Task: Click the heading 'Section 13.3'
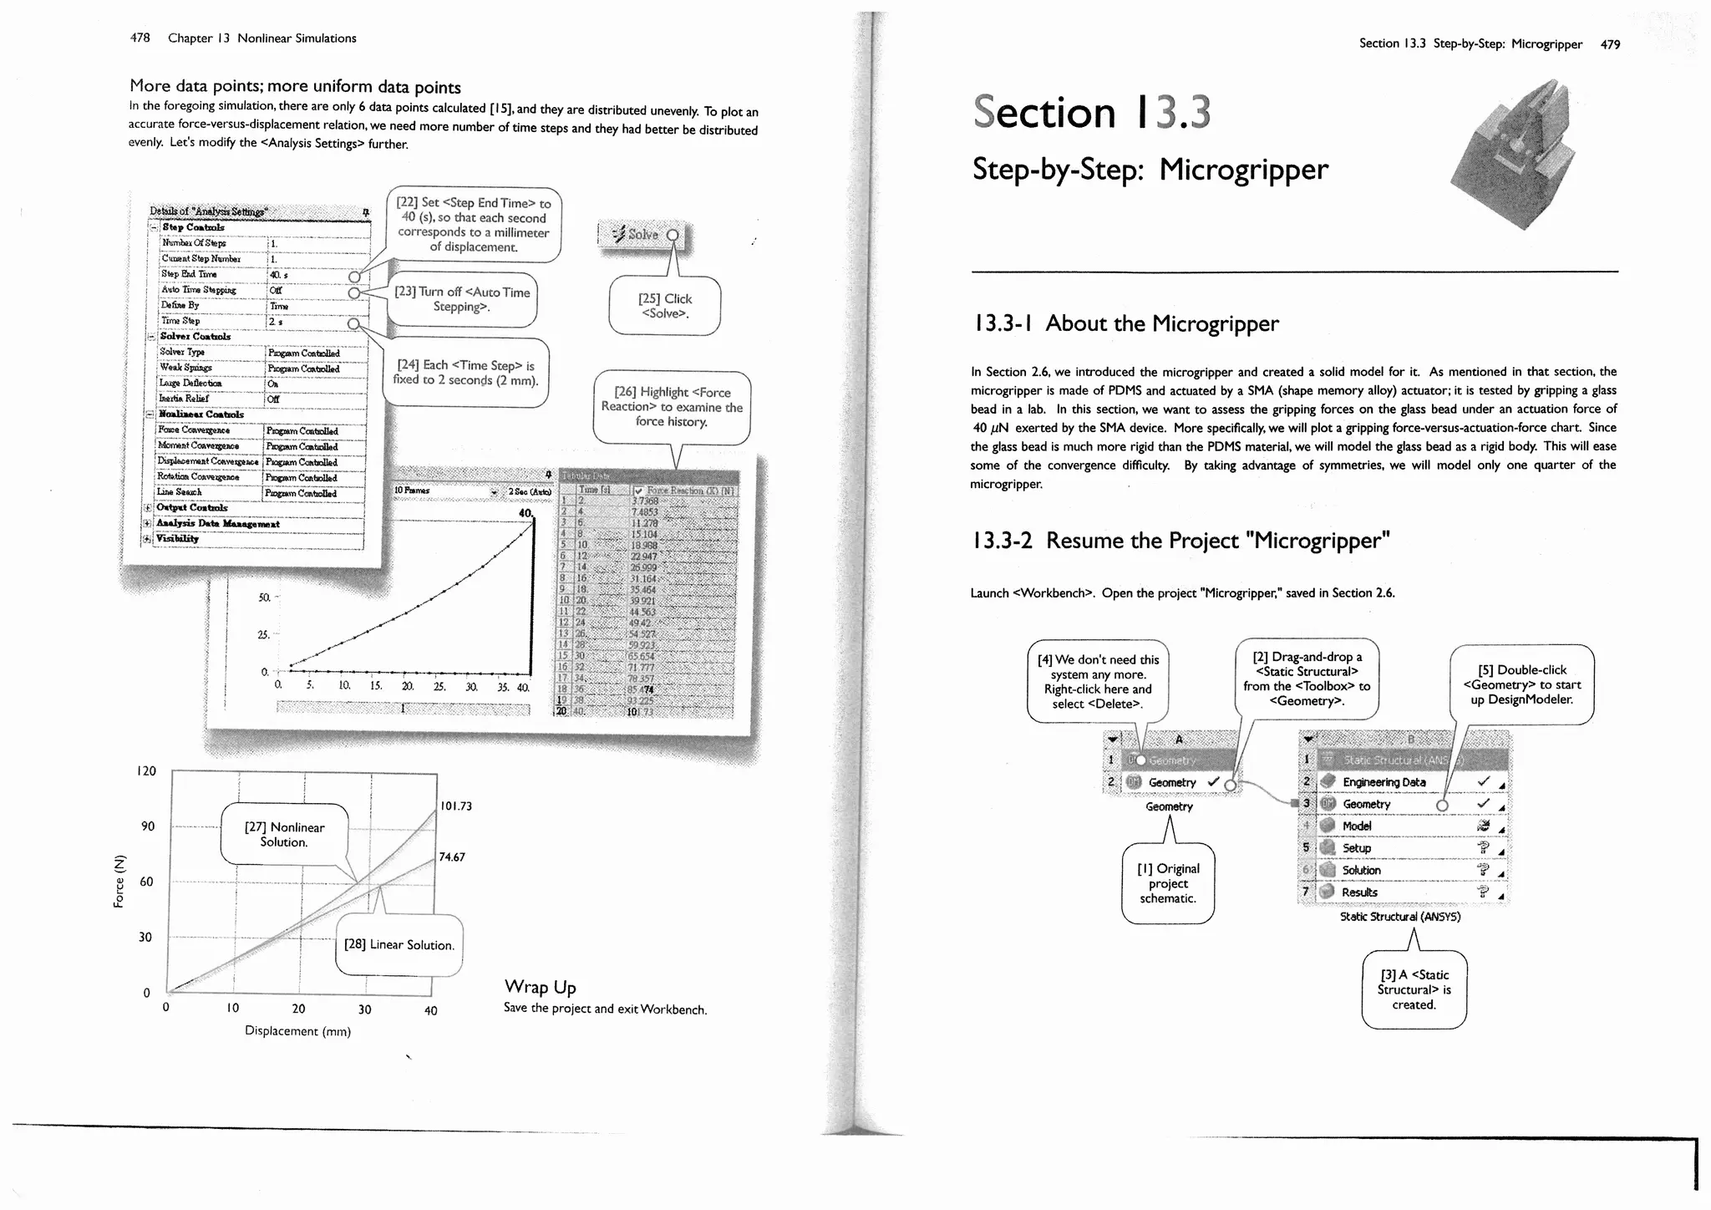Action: [1091, 113]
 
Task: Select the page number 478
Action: [140, 38]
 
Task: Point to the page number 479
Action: [1610, 44]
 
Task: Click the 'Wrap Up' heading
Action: [540, 987]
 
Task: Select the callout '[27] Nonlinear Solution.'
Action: [284, 834]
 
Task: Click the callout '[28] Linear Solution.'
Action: [399, 945]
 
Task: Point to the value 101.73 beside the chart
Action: [455, 806]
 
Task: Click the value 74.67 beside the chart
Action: [452, 857]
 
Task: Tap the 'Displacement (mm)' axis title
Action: [297, 1031]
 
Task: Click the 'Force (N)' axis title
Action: [119, 881]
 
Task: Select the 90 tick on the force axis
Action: [148, 826]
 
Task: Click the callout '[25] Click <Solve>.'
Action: [665, 306]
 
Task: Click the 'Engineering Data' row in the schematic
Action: [1384, 782]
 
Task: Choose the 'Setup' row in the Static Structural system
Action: [1357, 848]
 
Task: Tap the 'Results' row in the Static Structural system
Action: [1359, 892]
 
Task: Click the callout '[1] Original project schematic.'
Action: [1168, 883]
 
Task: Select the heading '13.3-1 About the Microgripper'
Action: [1125, 323]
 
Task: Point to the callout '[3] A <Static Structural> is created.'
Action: [1414, 989]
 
